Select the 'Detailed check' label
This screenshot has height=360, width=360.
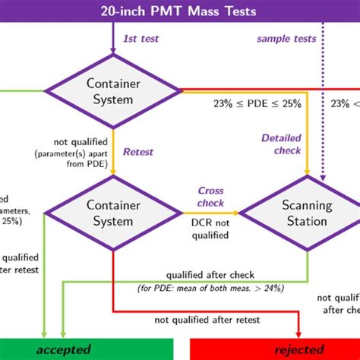tap(281, 144)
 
